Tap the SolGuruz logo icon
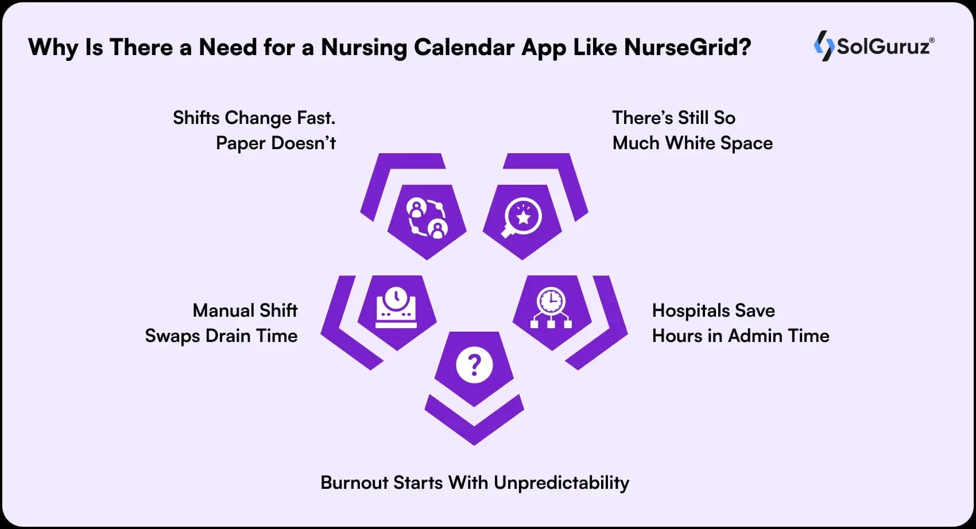point(824,46)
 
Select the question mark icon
point(474,365)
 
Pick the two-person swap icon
point(427,218)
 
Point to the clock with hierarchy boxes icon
point(551,308)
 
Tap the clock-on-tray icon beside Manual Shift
point(396,308)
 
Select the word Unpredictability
point(561,483)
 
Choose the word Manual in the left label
point(223,311)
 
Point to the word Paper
point(240,143)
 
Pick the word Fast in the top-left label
point(316,118)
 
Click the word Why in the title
point(53,48)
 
